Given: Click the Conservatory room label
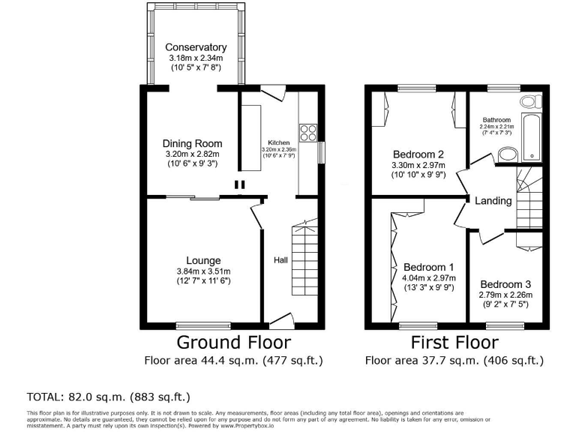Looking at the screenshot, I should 196,47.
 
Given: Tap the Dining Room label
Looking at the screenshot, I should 193,143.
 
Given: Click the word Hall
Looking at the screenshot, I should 280,259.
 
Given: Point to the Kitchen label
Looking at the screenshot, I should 279,142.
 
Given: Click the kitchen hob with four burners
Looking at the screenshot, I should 307,133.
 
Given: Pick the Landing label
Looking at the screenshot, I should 494,200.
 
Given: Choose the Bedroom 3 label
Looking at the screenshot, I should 505,284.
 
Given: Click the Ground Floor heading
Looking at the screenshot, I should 233,343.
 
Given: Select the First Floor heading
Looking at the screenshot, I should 454,343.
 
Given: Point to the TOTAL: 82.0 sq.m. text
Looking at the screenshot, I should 109,397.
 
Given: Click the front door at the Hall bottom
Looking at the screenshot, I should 280,322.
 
